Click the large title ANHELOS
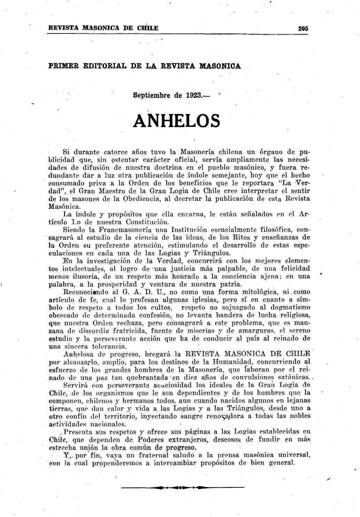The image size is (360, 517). click(x=177, y=121)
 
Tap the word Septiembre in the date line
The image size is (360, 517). click(x=152, y=95)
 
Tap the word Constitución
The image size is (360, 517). click(x=147, y=222)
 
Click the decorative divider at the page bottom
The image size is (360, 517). click(x=183, y=487)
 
